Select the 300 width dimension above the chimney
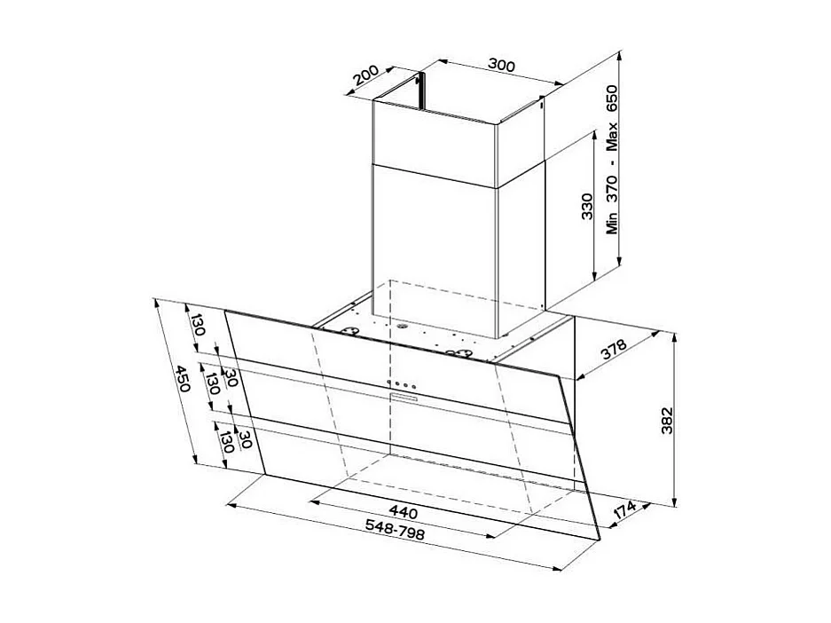pyautogui.click(x=502, y=65)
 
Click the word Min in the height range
pyautogui.click(x=612, y=221)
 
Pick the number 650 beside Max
pyautogui.click(x=612, y=99)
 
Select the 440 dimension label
pyautogui.click(x=403, y=513)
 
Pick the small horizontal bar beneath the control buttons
pyautogui.click(x=407, y=398)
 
